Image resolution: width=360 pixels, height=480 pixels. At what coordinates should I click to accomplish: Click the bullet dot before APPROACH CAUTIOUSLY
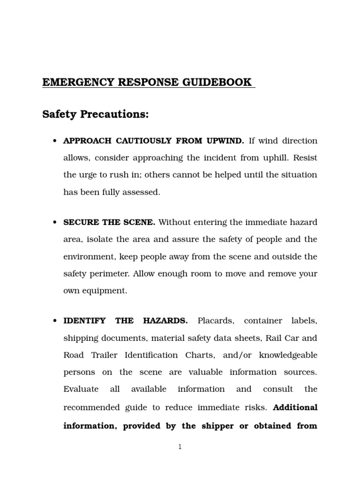(x=55, y=141)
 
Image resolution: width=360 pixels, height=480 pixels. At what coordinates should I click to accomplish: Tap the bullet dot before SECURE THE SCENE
(x=55, y=223)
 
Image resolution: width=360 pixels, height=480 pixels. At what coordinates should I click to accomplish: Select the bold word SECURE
(x=78, y=222)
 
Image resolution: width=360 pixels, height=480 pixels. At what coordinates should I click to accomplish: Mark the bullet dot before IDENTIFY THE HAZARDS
(x=55, y=321)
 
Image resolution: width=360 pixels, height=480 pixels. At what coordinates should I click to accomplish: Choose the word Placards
(x=214, y=321)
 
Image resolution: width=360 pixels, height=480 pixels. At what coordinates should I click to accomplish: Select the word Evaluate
(x=81, y=389)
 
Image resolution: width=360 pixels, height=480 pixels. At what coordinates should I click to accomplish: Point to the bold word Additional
(x=295, y=407)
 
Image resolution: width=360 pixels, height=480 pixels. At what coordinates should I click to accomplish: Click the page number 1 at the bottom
(x=180, y=447)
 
